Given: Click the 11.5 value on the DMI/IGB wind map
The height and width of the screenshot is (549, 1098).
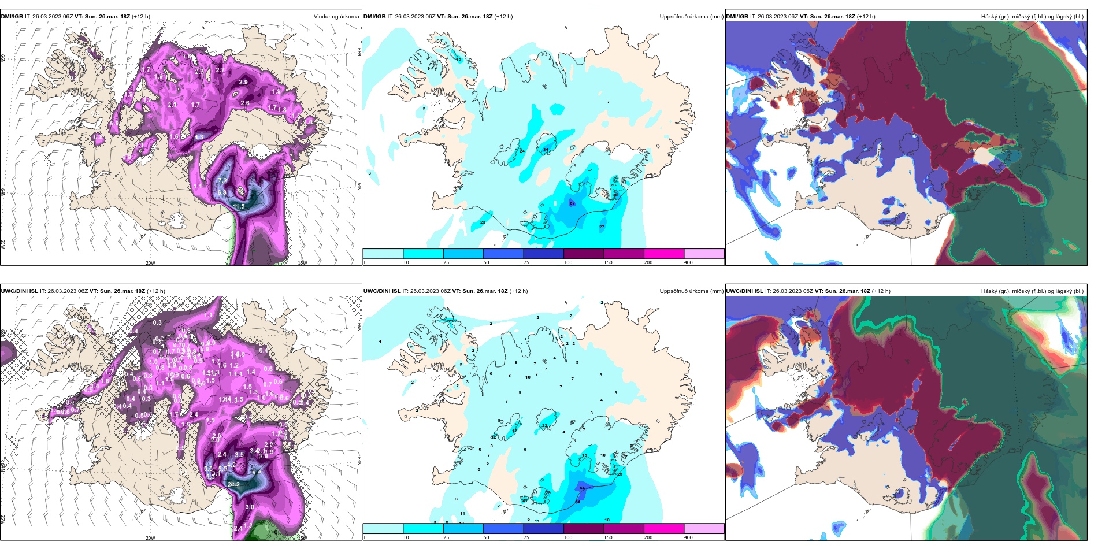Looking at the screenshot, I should (239, 206).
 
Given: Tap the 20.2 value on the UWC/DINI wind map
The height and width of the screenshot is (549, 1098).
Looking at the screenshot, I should (233, 484).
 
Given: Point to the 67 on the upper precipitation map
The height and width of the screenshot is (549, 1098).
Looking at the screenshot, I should (572, 203).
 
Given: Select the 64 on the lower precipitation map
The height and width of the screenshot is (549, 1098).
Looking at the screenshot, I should (582, 488).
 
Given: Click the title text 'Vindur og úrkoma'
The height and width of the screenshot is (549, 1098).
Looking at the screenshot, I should (336, 17).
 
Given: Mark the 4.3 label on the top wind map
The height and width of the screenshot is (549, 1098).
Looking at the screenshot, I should (199, 137).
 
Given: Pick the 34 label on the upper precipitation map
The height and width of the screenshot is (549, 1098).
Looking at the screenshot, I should (546, 150).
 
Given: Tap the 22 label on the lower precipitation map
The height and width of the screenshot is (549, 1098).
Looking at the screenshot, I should (544, 426).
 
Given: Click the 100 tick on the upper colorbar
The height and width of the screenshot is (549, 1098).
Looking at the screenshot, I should (568, 262).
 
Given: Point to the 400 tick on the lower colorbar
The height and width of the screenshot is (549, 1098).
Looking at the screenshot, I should (688, 537).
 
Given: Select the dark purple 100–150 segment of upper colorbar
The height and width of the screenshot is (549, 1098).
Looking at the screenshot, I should (583, 254).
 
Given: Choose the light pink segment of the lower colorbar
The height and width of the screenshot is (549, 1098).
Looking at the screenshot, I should (704, 529).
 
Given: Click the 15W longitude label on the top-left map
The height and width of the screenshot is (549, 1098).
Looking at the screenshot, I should (302, 263).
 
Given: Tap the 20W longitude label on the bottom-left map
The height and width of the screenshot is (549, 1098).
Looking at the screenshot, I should (150, 538).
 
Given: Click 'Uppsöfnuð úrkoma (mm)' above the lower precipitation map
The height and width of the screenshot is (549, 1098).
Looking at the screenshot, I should (691, 291).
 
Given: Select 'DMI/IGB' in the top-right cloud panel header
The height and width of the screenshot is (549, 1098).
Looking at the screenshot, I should (737, 17).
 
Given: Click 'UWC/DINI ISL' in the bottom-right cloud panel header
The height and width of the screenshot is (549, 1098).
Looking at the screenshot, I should (744, 291).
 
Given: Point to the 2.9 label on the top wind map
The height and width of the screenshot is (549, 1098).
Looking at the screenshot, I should (243, 82).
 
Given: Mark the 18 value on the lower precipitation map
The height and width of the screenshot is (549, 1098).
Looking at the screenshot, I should (607, 520).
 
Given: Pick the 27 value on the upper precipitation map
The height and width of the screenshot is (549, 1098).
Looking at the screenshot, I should (602, 227).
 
